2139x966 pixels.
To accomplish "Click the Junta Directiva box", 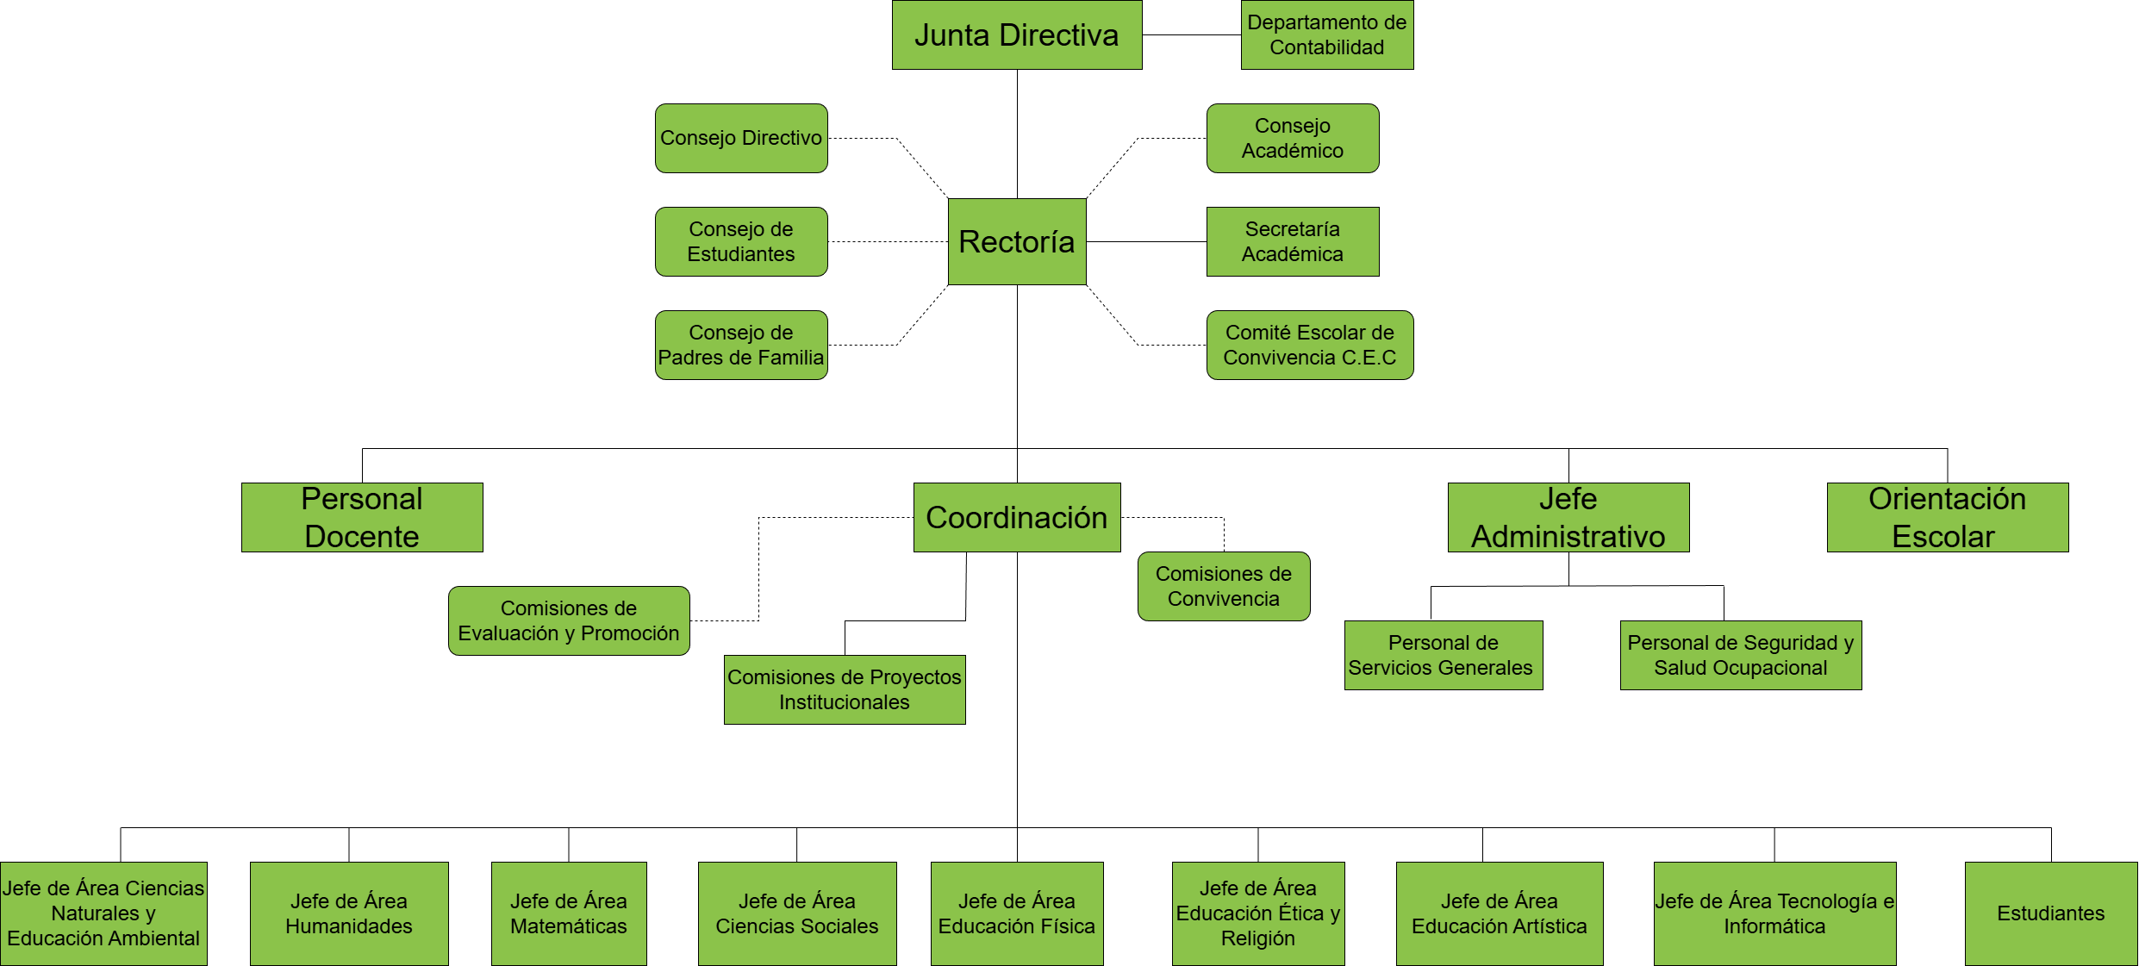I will point(1017,35).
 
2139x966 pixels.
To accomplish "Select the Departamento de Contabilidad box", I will point(1327,35).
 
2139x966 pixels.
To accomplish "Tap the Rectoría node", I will point(1017,242).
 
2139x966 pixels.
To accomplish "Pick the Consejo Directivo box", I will point(741,139).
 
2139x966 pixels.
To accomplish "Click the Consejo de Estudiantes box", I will point(741,242).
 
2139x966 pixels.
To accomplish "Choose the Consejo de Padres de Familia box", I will point(741,346).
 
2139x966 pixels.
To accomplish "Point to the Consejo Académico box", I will point(1293,139).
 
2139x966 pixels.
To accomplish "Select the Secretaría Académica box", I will point(1293,242).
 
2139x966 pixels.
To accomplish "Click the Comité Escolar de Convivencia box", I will point(1310,346).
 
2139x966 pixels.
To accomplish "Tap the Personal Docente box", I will point(362,518).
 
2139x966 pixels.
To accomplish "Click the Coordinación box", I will point(1017,518).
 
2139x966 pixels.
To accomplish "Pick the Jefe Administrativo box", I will point(1568,518).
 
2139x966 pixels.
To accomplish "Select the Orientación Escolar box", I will point(1948,518).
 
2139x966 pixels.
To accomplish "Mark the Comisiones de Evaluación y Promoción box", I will point(569,621).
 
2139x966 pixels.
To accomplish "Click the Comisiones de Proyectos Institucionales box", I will point(845,690).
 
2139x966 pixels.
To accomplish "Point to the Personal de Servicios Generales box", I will point(1444,656).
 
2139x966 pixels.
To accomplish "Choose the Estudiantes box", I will point(2051,914).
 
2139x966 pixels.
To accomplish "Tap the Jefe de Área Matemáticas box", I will point(569,914).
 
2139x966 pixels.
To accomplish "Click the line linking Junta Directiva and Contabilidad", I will point(1192,35).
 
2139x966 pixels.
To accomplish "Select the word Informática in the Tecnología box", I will point(1774,927).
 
